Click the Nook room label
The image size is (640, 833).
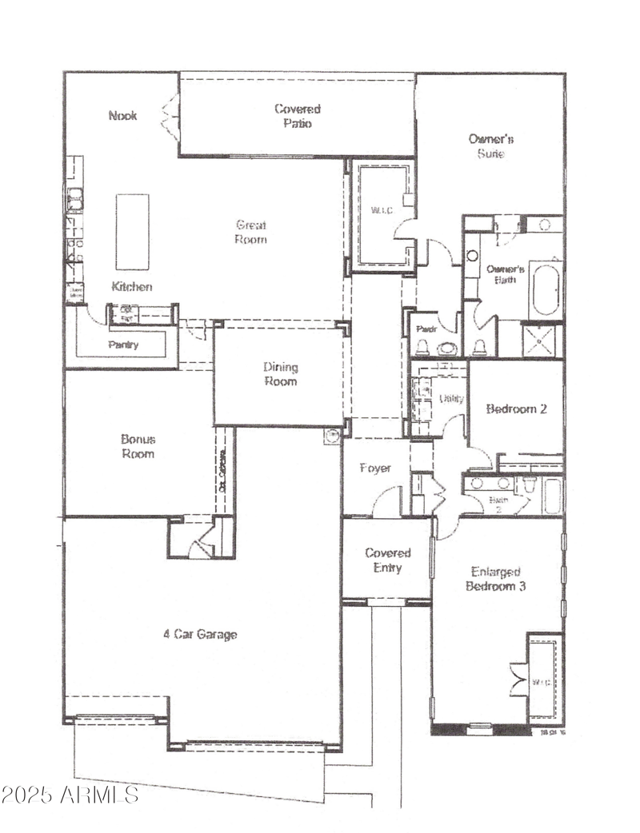(x=122, y=115)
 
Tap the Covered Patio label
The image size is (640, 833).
(x=298, y=116)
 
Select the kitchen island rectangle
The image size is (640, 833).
(x=132, y=232)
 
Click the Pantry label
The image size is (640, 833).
(x=122, y=345)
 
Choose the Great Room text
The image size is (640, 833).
(x=250, y=232)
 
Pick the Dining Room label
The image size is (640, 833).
(x=280, y=374)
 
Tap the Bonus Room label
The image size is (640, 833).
(x=138, y=446)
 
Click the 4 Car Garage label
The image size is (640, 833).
(x=200, y=635)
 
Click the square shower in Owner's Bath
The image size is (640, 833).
(x=542, y=339)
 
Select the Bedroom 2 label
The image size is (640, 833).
(x=516, y=409)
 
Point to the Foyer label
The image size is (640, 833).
(x=374, y=468)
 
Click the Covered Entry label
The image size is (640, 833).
(x=388, y=560)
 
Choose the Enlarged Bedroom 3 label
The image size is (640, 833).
(x=496, y=579)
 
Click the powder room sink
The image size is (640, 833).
(x=447, y=349)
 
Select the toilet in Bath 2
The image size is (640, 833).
(x=529, y=485)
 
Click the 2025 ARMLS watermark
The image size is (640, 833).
(x=70, y=795)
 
